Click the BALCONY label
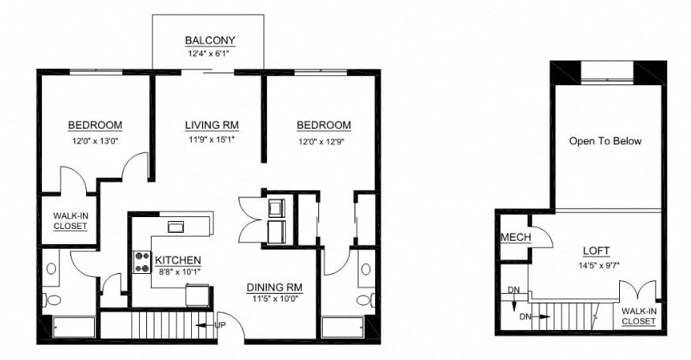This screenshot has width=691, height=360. (x=209, y=40)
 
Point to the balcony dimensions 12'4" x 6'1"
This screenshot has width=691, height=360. (x=209, y=54)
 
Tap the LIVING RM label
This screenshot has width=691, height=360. (x=212, y=126)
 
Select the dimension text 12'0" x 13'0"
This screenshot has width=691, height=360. (x=95, y=142)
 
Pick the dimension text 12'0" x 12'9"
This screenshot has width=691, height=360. (x=324, y=142)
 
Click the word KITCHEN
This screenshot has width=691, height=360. (x=178, y=261)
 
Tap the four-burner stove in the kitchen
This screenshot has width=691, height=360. (x=142, y=262)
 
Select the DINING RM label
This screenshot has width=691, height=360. (x=275, y=287)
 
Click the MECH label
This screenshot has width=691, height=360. (x=514, y=237)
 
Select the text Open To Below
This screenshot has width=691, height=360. (x=606, y=141)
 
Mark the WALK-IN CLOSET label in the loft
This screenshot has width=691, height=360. (x=638, y=316)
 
